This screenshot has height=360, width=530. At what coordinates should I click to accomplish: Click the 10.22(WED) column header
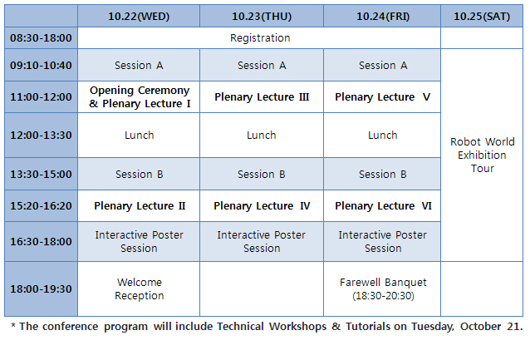pos(139,17)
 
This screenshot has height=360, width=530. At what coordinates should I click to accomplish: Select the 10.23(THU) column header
pos(262,17)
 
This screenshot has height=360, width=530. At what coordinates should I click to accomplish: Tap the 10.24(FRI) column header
pos(382,17)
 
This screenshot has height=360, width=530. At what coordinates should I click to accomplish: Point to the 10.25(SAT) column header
pos(482,17)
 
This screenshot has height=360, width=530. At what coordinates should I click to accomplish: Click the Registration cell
pos(259,38)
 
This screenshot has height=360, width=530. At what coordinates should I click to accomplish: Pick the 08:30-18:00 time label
pos(41,38)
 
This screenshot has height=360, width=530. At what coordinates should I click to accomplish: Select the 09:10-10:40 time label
pos(41,65)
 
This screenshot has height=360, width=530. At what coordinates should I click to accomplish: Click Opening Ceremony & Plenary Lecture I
pos(140,96)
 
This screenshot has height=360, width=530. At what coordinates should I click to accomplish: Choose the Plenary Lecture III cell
pos(262,96)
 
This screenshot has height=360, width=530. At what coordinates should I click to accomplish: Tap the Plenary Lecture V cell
pos(382,96)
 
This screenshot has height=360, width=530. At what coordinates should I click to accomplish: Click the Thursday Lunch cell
pos(262,135)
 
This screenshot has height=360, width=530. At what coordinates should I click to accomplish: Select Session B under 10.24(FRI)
pos(382,174)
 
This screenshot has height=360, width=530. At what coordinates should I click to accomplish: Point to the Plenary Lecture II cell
pos(140,205)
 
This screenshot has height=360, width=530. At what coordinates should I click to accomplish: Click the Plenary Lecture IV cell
pos(262,205)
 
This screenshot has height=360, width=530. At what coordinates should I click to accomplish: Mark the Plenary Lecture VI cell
pos(382,205)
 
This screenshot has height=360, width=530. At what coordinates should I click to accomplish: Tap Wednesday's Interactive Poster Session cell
pos(139,242)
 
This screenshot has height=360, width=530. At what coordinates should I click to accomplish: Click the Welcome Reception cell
pos(139,289)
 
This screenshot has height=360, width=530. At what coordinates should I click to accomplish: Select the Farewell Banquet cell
pos(382,289)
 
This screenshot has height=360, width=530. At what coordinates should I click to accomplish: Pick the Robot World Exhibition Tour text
pos(483,155)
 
